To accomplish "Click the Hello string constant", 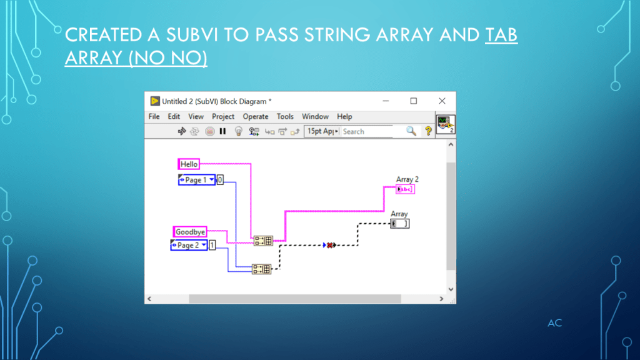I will [189, 164].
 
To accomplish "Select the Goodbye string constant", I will [190, 232].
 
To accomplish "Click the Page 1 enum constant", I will [196, 180].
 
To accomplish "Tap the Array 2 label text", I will [407, 179].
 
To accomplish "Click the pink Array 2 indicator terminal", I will [405, 189].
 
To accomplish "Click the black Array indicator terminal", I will [400, 224].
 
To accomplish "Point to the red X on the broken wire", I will [329, 245].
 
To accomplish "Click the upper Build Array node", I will [263, 241].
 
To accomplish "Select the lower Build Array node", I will [261, 269].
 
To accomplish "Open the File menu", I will [154, 116].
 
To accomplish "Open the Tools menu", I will [285, 116].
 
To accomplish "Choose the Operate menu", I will [256, 116].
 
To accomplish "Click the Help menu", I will [344, 116].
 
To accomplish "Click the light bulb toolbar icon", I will [238, 131].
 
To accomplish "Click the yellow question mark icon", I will [428, 131].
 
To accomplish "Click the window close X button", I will [442, 101].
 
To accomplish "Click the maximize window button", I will [413, 101].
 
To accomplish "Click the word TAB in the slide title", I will [501, 34].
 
